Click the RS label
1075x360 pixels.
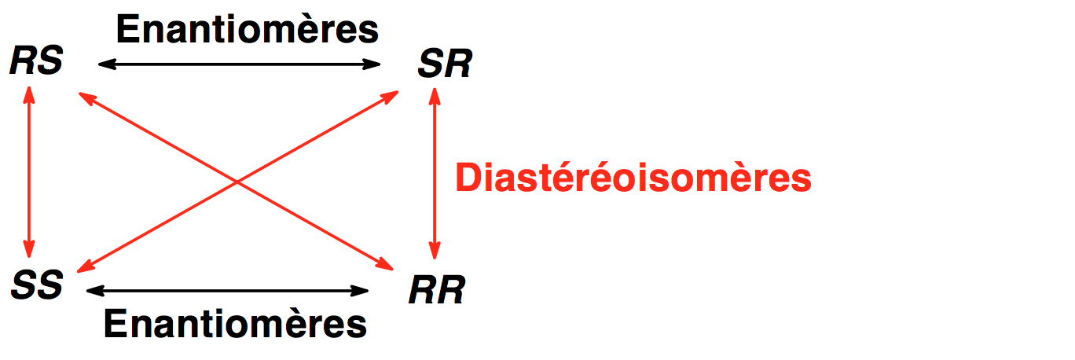[x=36, y=62]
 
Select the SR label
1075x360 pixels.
[x=445, y=65]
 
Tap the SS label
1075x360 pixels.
[x=37, y=285]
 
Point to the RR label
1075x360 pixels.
[x=437, y=290]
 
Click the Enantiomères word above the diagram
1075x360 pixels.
[x=248, y=30]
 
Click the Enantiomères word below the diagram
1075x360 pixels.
[x=236, y=323]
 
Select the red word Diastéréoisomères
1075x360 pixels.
[x=633, y=178]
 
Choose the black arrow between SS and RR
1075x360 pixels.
[x=227, y=291]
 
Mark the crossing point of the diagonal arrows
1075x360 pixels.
[x=238, y=182]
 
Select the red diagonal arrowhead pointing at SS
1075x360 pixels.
[x=81, y=268]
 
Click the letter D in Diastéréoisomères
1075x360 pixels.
[x=468, y=178]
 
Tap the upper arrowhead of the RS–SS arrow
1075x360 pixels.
[x=29, y=93]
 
